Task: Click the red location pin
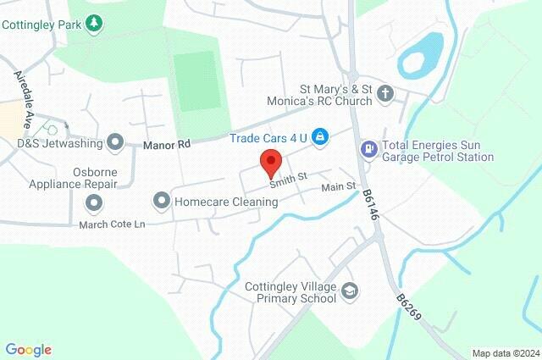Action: pos(271,161)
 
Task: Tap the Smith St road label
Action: pos(287,177)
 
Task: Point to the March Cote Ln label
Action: pos(112,224)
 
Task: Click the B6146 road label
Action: pos(370,205)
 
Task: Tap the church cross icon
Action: pos(385,93)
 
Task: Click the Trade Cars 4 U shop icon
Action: pos(320,136)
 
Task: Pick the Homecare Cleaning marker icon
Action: pos(161,201)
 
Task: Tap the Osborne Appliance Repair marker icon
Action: pos(93,202)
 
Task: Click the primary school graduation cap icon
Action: pos(349,292)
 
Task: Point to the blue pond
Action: pos(422,54)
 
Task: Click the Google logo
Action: pos(28,350)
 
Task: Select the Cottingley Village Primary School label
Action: pos(290,291)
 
